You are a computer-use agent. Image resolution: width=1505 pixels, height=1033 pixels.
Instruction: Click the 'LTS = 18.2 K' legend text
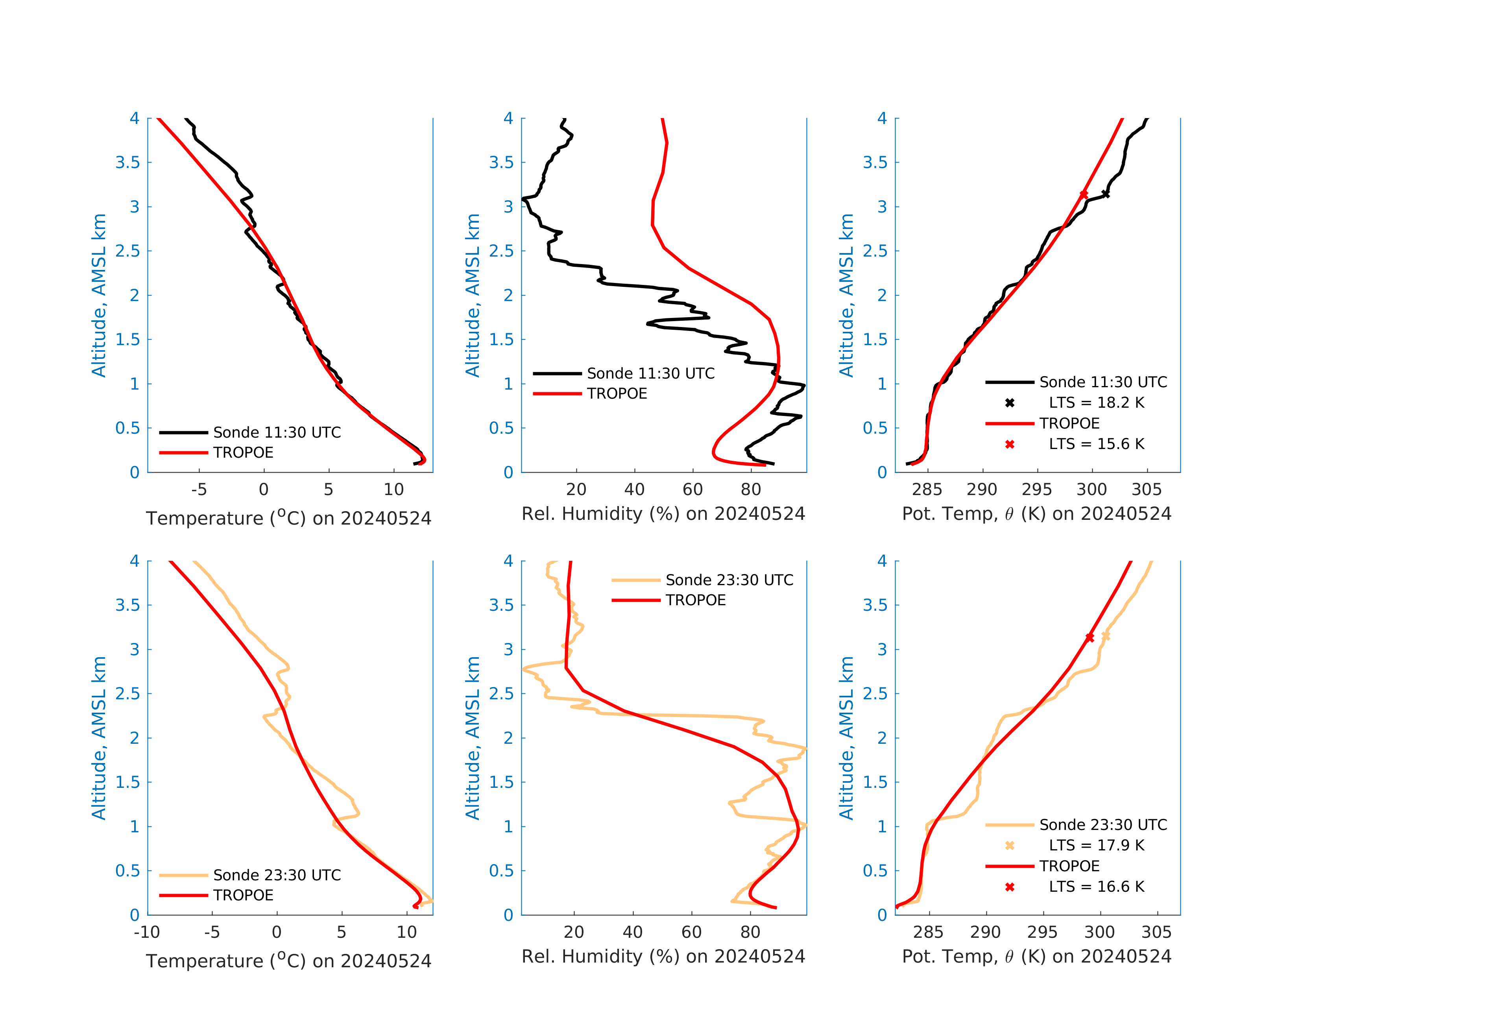click(x=1096, y=403)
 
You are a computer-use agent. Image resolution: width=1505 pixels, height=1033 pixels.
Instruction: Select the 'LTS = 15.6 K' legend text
click(x=1096, y=444)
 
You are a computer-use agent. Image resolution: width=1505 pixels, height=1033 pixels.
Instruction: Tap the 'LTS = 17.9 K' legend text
click(x=1096, y=845)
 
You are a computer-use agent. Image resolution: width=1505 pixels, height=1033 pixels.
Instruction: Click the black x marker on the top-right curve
click(x=1105, y=194)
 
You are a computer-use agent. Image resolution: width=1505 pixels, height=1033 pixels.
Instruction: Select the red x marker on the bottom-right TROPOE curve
click(x=1090, y=638)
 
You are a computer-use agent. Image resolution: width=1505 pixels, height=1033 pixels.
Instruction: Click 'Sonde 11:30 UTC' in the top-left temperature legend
click(x=277, y=432)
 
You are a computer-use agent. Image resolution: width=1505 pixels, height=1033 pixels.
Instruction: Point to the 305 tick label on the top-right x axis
click(x=1146, y=490)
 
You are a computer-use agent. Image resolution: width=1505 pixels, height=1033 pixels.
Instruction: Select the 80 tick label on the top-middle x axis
click(x=751, y=490)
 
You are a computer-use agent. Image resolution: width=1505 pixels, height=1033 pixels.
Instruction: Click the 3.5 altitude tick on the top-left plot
click(x=127, y=163)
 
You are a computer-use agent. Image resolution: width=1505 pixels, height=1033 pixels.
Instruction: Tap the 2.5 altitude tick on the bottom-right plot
click(x=875, y=694)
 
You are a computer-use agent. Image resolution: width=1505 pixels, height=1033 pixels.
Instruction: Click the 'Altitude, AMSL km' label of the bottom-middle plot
click(x=473, y=738)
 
